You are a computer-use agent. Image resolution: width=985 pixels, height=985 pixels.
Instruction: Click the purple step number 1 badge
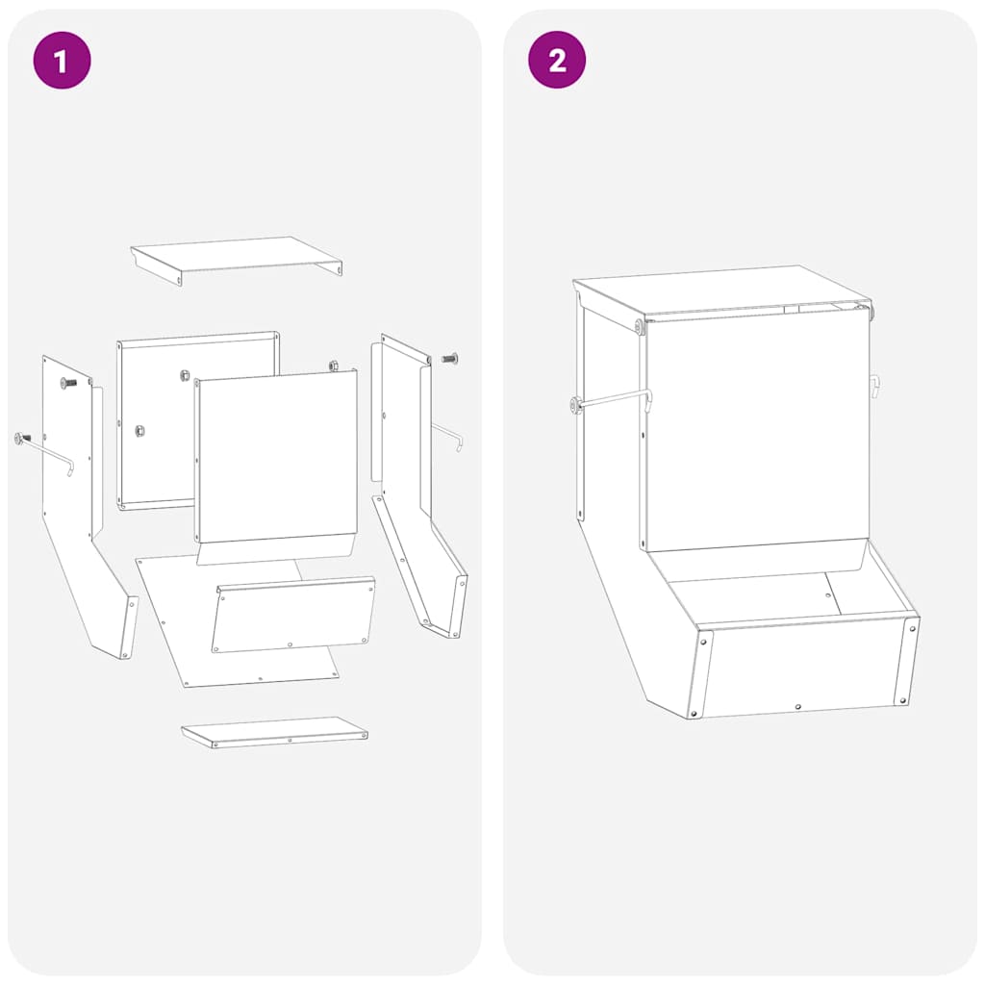62,61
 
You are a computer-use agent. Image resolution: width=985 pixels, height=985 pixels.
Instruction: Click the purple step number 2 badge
556,61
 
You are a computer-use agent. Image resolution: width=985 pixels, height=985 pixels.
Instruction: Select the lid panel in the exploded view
236,255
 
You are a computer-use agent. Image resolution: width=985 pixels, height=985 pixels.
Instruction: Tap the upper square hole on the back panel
182,374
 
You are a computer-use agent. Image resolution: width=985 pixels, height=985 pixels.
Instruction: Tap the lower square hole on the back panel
139,429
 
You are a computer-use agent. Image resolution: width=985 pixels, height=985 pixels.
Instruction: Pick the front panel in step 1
277,457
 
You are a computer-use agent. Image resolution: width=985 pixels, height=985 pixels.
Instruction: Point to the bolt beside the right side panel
449,359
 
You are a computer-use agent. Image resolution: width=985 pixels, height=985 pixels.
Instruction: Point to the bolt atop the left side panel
68,383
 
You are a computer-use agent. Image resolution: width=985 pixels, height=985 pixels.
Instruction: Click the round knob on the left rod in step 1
20,440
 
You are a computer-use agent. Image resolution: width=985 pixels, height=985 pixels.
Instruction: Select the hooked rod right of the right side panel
448,436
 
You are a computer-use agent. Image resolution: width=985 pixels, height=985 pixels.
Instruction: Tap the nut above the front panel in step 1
334,366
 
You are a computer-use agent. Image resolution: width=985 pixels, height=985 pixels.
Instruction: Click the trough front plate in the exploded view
293,616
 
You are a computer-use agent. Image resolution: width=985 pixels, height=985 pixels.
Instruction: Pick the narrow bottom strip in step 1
274,732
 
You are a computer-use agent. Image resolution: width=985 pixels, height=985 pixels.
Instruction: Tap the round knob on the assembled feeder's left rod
576,405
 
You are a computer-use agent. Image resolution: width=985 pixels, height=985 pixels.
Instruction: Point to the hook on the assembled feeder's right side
875,386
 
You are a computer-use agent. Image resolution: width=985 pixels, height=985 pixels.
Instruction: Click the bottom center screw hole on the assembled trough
797,706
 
